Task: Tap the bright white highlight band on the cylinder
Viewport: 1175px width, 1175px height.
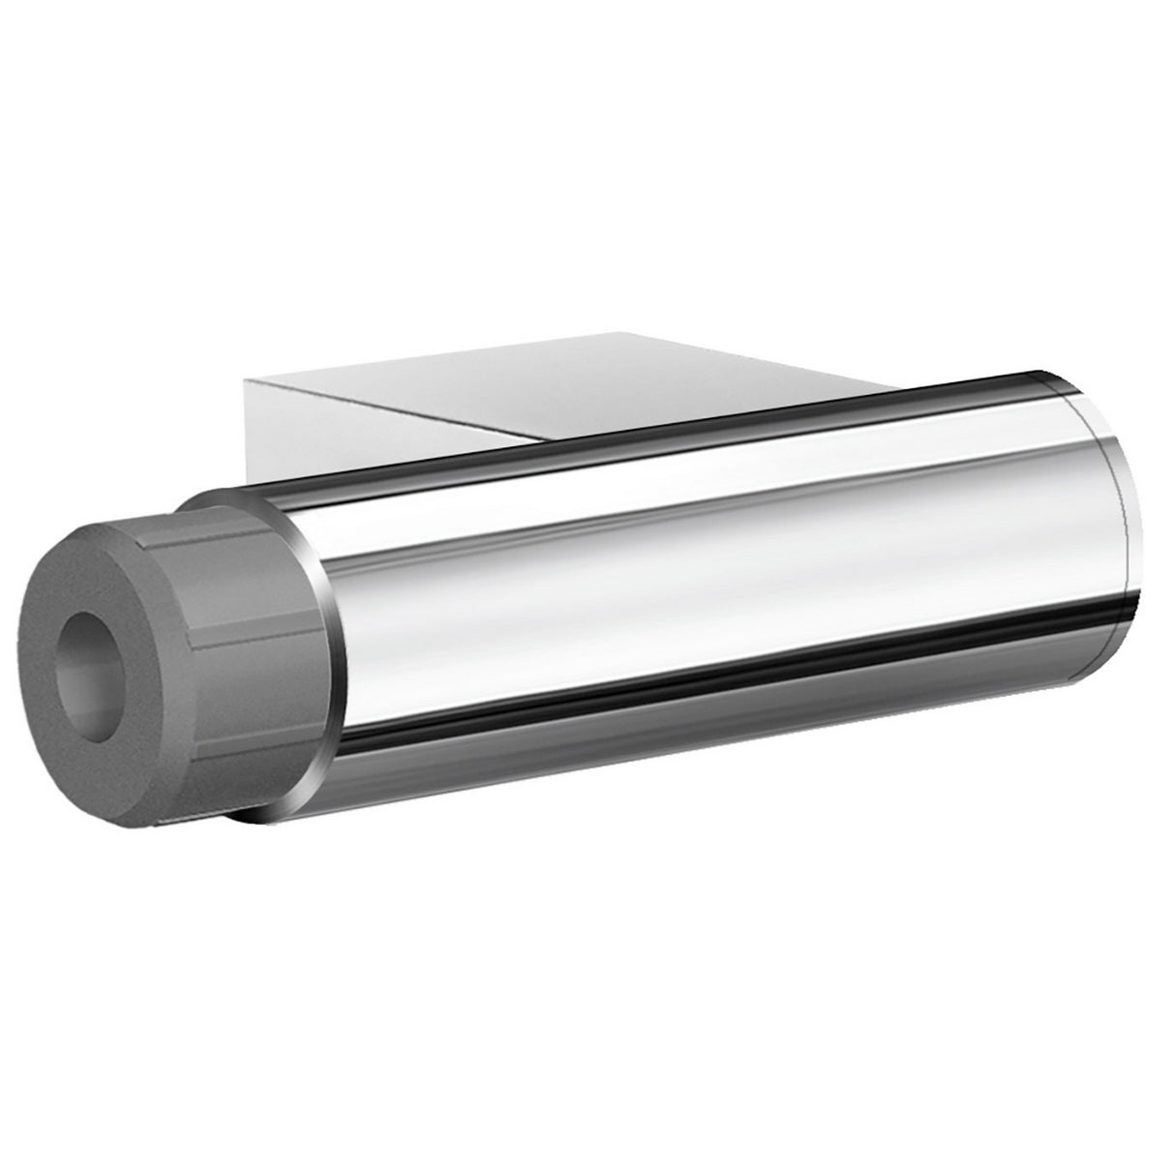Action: pyautogui.click(x=678, y=571)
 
